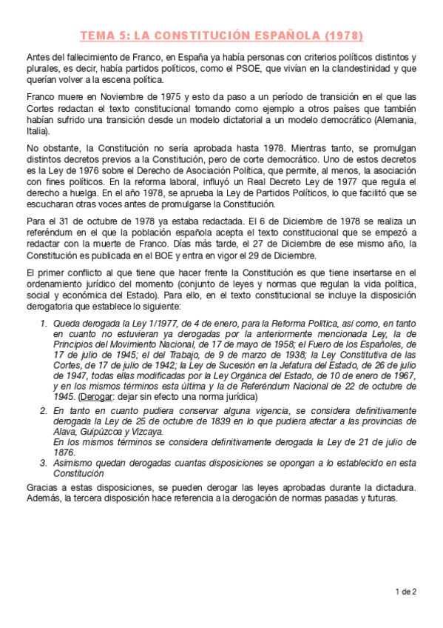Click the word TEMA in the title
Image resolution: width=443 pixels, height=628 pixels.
pos(96,35)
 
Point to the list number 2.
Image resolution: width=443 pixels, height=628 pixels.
pos(42,409)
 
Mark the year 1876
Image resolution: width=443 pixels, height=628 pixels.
pos(64,451)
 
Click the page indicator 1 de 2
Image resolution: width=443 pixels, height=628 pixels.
pos(406,591)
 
